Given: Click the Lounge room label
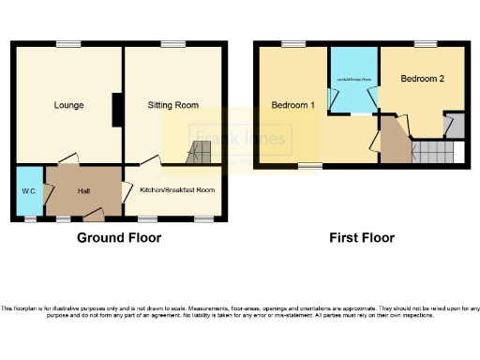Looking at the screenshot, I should (x=68, y=105).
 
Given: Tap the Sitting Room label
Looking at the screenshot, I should (x=172, y=105).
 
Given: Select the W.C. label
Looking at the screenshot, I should (x=28, y=191).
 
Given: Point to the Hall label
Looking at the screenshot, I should (x=83, y=191).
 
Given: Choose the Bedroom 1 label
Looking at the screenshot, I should (x=292, y=105).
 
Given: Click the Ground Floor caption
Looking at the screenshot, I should (x=119, y=238).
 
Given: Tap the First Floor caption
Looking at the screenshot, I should (x=361, y=238).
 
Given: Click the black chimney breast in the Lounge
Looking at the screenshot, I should (x=116, y=110).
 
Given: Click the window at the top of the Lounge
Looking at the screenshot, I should (x=67, y=43).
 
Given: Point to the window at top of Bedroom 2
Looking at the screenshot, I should (x=427, y=43).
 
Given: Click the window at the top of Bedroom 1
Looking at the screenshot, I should (x=293, y=43).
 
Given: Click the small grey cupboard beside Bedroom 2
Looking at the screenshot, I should (x=454, y=125).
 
